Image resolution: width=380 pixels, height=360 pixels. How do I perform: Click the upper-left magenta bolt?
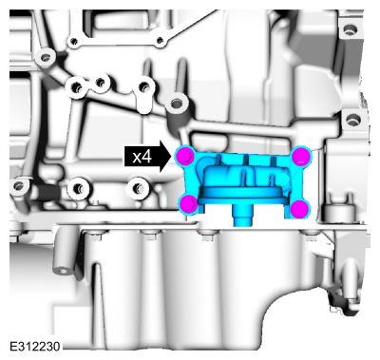pyautogui.click(x=185, y=156)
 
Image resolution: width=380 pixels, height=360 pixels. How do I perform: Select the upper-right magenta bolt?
pyautogui.click(x=300, y=156)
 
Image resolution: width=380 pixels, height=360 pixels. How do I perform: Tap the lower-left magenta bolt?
pyautogui.click(x=189, y=203)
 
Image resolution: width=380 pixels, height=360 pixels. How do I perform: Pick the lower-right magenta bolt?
pyautogui.click(x=299, y=209)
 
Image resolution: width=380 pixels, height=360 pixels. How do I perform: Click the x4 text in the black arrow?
pyautogui.click(x=142, y=157)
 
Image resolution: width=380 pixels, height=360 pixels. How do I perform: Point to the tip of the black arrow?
pyautogui.click(x=173, y=157)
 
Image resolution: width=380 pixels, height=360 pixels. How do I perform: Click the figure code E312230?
pyautogui.click(x=35, y=347)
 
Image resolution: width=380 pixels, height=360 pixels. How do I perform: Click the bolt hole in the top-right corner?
pyautogui.click(x=349, y=30)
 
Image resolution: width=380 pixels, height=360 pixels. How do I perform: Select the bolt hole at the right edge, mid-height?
pyautogui.click(x=351, y=120)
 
